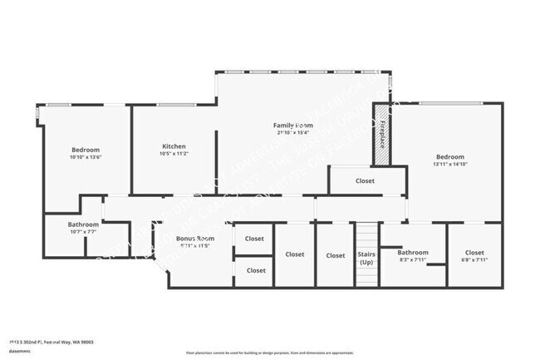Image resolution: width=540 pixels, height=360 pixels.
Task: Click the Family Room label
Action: click(292, 125)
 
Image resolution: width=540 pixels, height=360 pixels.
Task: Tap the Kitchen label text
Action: click(174, 146)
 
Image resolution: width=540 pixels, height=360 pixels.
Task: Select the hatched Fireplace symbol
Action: click(381, 130)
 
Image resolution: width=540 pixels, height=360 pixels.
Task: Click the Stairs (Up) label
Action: click(366, 258)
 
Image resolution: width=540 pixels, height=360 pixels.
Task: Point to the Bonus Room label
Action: click(195, 239)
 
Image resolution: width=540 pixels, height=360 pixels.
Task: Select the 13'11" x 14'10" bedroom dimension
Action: click(449, 164)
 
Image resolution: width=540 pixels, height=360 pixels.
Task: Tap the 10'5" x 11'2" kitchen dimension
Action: click(174, 154)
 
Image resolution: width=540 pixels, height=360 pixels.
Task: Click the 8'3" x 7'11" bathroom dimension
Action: click(412, 260)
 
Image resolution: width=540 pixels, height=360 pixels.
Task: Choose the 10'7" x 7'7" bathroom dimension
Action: click(83, 232)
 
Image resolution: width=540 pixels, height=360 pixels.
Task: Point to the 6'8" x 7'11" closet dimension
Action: click(474, 260)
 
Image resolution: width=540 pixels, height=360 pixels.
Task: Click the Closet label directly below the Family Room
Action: click(365, 180)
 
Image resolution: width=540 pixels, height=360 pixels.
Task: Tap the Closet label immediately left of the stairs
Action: click(335, 255)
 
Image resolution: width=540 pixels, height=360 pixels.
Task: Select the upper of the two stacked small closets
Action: click(255, 239)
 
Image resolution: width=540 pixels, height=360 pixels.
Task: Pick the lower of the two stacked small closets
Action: click(256, 270)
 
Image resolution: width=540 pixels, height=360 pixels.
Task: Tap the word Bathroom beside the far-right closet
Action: click(412, 252)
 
